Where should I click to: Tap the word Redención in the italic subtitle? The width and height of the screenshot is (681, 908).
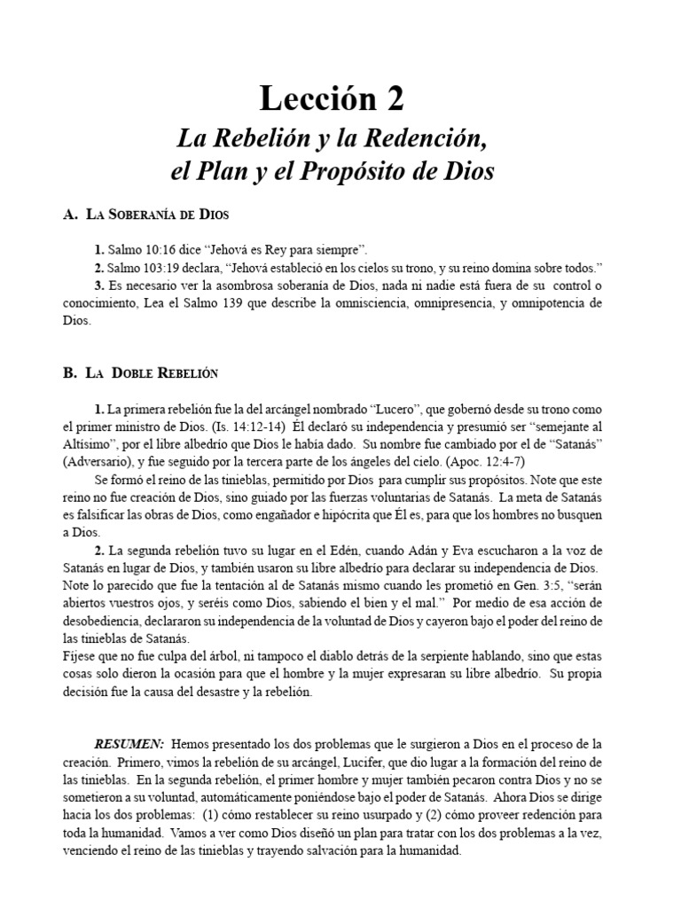pos(430,138)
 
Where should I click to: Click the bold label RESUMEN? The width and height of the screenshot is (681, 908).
pos(129,742)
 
